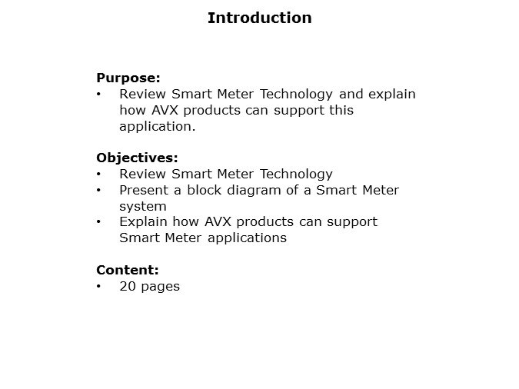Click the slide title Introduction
click(x=259, y=18)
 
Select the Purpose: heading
click(x=128, y=78)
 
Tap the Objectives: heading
click(x=137, y=158)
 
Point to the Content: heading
click(x=127, y=270)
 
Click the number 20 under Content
click(x=128, y=286)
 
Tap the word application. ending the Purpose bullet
click(x=158, y=126)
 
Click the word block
click(x=202, y=190)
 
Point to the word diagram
click(x=250, y=191)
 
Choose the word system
click(x=143, y=206)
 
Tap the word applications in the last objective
click(x=245, y=238)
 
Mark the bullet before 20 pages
click(x=99, y=287)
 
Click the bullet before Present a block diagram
click(x=99, y=190)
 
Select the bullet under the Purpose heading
click(x=99, y=95)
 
